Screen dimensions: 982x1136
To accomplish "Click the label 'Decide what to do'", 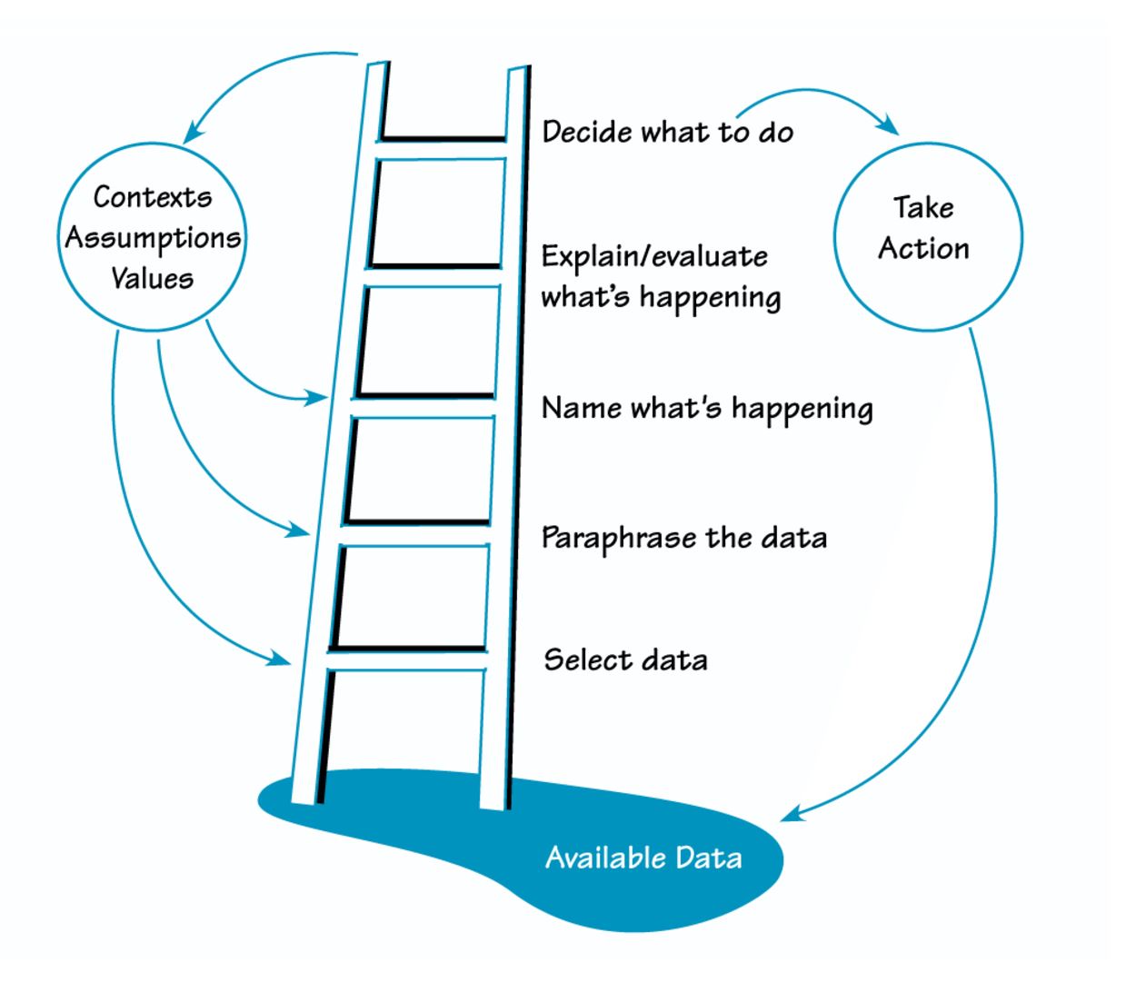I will [x=667, y=133].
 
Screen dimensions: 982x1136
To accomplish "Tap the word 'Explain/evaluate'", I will [x=654, y=257].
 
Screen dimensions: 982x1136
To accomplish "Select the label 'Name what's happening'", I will [x=707, y=408].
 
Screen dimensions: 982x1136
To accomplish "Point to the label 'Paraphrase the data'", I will [x=683, y=538].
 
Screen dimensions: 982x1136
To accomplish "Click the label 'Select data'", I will [x=625, y=660].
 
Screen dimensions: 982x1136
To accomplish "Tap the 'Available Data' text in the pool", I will [x=643, y=858].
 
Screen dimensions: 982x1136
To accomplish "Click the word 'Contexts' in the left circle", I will [x=152, y=197].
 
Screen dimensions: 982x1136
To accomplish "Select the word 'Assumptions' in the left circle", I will [x=153, y=238].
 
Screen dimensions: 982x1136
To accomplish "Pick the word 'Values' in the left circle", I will [x=152, y=278].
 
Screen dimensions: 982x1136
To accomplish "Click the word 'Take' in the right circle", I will [x=922, y=208].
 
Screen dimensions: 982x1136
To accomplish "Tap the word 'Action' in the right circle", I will [x=923, y=249].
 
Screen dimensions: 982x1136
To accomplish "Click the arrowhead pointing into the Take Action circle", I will [x=887, y=127].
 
